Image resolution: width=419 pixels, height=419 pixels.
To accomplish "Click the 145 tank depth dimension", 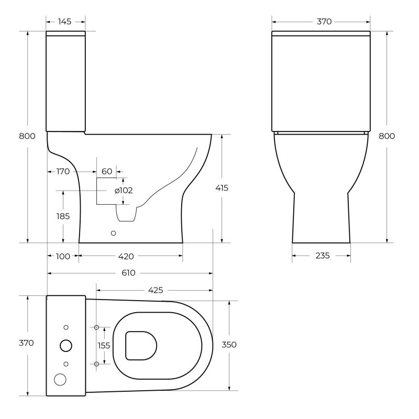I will tap(65, 21).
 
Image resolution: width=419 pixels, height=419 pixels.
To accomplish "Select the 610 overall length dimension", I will tap(129, 273).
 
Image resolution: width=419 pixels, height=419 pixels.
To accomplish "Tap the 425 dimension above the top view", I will tap(156, 290).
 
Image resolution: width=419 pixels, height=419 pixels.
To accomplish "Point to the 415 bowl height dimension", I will tap(222, 188).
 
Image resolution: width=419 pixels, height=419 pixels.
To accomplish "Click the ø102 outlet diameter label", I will tap(124, 190).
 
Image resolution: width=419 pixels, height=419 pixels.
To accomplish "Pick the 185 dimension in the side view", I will tap(63, 215).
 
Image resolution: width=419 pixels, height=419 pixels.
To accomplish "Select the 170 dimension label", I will tap(63, 171).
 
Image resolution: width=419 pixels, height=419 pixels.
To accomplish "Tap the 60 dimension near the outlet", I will tap(107, 171).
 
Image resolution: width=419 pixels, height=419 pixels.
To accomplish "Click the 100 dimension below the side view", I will tap(63, 256).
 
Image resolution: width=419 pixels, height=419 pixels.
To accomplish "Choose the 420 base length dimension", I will tap(126, 256).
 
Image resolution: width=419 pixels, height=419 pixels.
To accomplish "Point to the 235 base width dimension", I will tap(322, 256).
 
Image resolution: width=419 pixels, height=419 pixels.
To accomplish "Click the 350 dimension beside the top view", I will tap(229, 345).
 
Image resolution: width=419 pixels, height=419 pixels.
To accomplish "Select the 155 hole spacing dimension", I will tap(104, 345).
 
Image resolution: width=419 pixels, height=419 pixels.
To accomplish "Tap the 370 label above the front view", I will tap(324, 21).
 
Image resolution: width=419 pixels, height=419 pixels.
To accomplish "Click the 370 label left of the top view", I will tap(26, 343).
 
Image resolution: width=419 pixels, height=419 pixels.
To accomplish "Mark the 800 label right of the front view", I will tap(387, 136).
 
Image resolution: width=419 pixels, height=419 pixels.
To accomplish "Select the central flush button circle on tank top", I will tap(66, 345).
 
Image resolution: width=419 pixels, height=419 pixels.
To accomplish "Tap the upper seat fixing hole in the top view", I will tap(96, 327).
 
